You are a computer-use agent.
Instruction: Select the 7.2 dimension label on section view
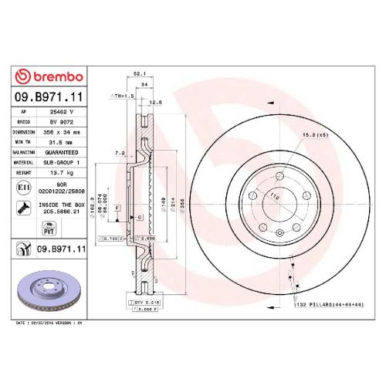point(120,154)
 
